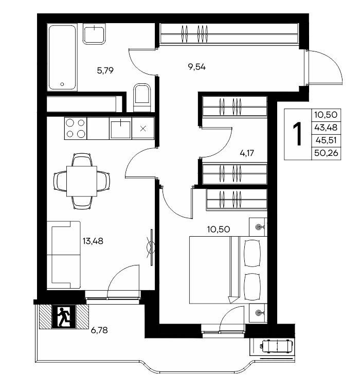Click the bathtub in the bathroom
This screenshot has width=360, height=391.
62,57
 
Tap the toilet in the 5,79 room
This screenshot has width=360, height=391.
142,97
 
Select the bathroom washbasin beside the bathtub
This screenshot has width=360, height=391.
94,34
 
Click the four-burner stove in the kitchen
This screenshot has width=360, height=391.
76,128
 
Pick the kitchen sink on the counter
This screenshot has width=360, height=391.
121,129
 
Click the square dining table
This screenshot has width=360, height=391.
82,181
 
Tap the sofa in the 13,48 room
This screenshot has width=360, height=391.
64,255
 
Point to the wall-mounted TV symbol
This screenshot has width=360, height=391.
151,247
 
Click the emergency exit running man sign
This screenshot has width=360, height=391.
64,317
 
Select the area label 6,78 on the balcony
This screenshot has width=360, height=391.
99,330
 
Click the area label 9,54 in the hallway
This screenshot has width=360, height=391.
197,67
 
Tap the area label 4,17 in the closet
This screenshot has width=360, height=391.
247,153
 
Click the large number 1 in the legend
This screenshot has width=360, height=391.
297,134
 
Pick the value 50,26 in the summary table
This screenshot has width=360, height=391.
326,153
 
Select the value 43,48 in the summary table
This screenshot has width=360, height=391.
326,128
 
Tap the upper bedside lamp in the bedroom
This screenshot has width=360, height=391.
258,227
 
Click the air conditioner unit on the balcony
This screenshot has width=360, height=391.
276,346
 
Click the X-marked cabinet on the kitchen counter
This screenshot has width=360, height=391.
143,129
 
